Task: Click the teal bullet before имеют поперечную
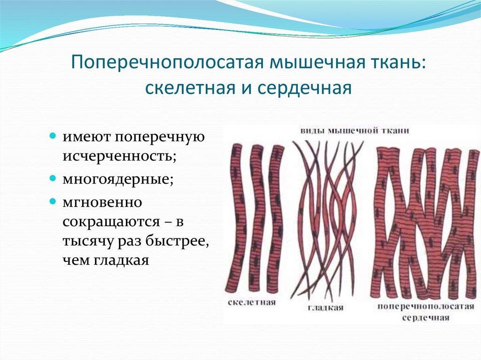tap(53, 135)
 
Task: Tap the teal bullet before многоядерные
tap(53, 177)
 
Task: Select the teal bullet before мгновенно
tap(53, 201)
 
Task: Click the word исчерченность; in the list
tap(120, 156)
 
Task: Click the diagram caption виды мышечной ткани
tap(354, 131)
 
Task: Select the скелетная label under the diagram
tap(252, 303)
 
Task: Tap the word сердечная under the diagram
tap(426, 317)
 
